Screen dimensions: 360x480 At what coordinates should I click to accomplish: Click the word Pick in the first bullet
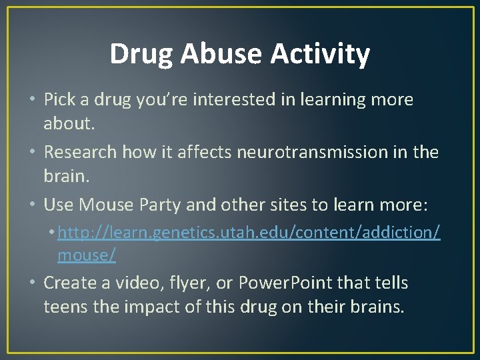(59, 100)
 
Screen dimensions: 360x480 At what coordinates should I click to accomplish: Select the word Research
(82, 152)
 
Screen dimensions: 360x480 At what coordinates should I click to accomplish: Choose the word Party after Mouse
(159, 205)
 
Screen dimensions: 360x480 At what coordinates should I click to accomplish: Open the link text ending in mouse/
(87, 255)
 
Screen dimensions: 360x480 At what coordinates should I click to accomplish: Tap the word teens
(65, 308)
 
